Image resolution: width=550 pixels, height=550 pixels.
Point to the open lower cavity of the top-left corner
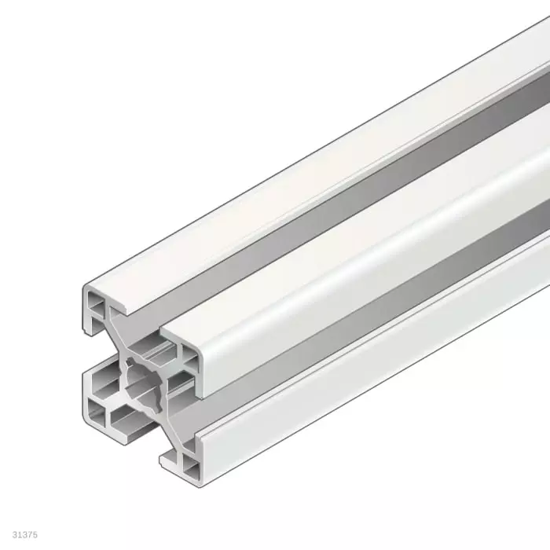(x=96, y=321)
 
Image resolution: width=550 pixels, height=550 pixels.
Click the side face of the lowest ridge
(x=354, y=393)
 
